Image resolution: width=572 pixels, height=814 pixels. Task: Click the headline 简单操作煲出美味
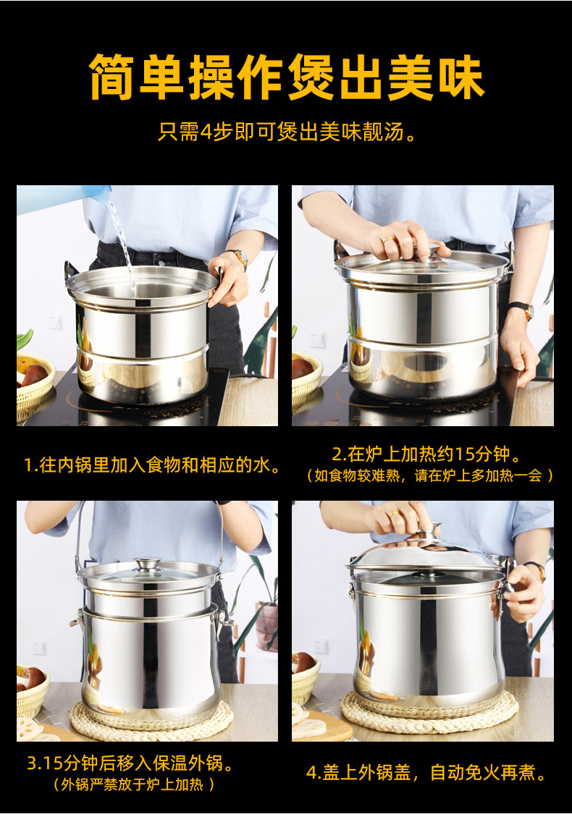tap(286, 77)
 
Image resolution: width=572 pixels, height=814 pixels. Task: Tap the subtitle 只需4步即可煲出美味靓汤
tap(287, 132)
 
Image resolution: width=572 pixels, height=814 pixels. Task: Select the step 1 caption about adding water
tap(152, 465)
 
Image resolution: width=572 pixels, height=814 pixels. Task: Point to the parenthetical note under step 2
tap(429, 475)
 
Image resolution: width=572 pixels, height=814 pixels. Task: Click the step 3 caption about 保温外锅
tap(130, 763)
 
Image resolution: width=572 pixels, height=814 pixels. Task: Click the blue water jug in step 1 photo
tap(62, 198)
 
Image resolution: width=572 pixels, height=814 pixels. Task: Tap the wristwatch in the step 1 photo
tap(238, 256)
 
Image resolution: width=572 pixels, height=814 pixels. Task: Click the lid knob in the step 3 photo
tap(148, 564)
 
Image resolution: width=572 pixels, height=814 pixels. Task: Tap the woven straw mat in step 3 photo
tap(151, 719)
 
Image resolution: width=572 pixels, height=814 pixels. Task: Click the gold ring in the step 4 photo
tap(393, 514)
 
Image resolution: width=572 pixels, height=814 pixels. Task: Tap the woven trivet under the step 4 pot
tap(429, 712)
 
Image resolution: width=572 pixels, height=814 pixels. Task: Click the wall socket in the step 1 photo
tap(54, 323)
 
